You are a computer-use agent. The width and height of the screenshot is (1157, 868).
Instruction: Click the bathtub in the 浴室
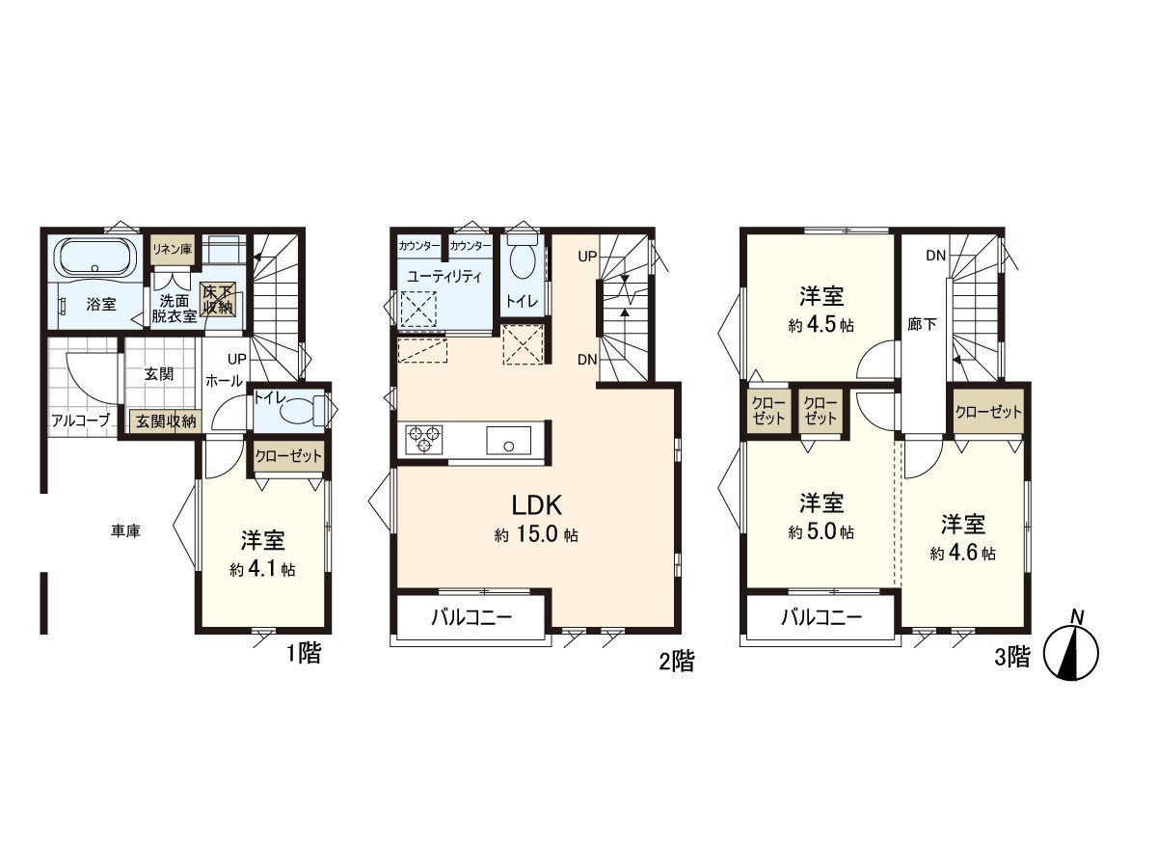tap(95, 258)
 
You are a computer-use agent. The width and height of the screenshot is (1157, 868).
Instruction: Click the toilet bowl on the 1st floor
tap(302, 410)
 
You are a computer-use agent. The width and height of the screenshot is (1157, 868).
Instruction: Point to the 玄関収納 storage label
tap(165, 420)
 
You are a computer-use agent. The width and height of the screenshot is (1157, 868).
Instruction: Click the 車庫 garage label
tap(125, 530)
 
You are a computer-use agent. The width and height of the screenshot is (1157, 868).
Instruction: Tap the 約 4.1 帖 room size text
tap(262, 569)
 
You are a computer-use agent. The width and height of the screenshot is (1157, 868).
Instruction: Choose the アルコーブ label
tap(80, 420)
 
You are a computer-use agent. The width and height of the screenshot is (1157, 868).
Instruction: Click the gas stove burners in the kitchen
tap(422, 440)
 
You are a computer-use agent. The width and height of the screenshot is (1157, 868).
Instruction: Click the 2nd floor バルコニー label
tap(471, 617)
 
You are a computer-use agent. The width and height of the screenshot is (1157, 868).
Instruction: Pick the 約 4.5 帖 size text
tap(821, 325)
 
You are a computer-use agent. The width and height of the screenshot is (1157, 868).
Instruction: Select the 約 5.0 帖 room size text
tap(821, 531)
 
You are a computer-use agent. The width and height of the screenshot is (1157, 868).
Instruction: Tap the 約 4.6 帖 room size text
tap(963, 554)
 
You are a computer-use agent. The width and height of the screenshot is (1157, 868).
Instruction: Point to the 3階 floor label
tap(1012, 658)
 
